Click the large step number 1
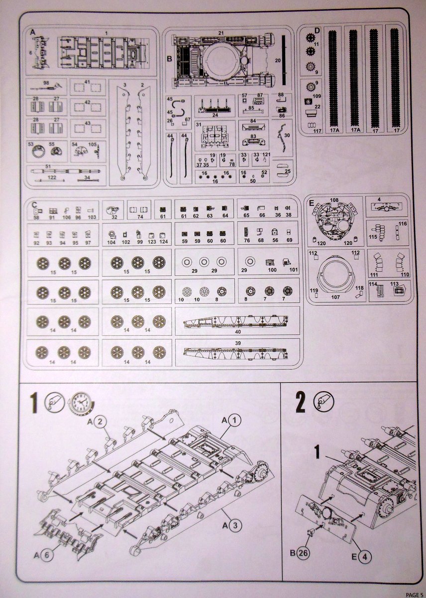point(33,403)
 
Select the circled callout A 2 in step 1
point(97,422)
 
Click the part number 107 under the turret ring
point(334,298)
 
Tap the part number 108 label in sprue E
point(334,200)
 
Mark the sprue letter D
point(317,31)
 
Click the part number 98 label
point(46,82)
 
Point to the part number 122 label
point(52,177)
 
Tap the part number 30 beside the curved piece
point(287,135)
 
